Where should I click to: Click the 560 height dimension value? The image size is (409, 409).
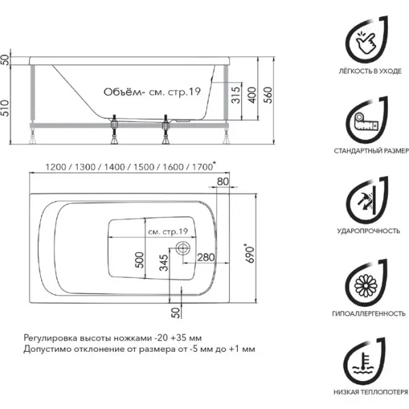point(267,99)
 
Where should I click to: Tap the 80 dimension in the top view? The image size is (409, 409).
point(222,181)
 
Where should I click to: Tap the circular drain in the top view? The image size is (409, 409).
point(182,247)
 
